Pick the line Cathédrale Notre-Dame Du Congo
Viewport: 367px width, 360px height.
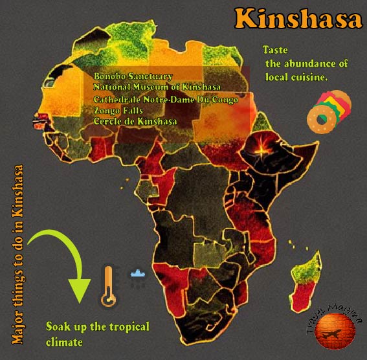[166, 99]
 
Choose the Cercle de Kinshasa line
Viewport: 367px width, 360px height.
[135, 121]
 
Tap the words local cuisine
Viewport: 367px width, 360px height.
[296, 76]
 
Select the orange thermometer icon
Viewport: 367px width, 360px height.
[107, 286]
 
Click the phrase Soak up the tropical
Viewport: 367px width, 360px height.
[97, 326]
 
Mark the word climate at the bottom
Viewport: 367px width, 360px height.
[64, 341]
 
